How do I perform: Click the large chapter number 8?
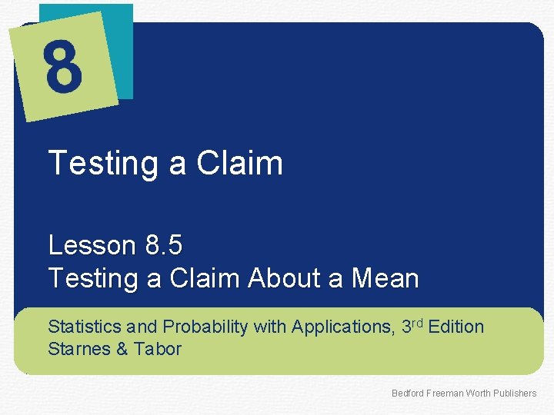pos(63,67)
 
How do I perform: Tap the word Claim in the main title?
pos(239,164)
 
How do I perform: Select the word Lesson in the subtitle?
pos(92,245)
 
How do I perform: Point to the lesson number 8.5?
pos(163,245)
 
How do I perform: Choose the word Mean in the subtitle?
pos(385,278)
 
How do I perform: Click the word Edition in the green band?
pos(456,327)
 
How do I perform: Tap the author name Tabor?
pos(157,349)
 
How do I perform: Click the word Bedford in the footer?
pos(407,393)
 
